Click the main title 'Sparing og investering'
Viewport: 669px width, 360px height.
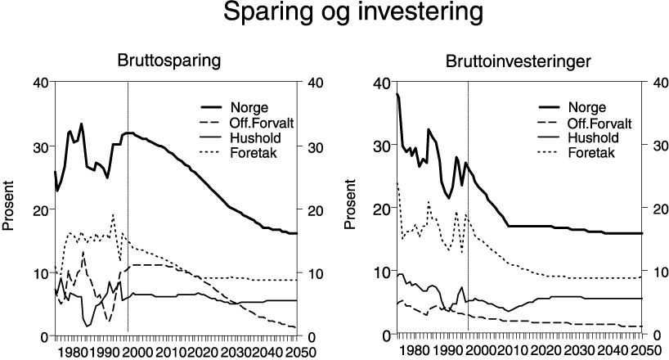334,16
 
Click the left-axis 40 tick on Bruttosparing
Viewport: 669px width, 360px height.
39,82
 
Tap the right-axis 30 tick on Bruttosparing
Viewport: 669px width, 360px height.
314,146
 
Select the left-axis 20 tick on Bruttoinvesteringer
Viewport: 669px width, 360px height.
380,209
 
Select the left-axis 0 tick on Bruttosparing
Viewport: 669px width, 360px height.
43,336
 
